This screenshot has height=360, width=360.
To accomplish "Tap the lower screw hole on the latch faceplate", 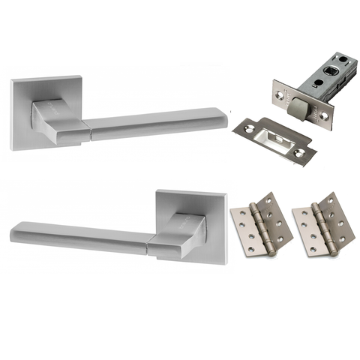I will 324,115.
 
